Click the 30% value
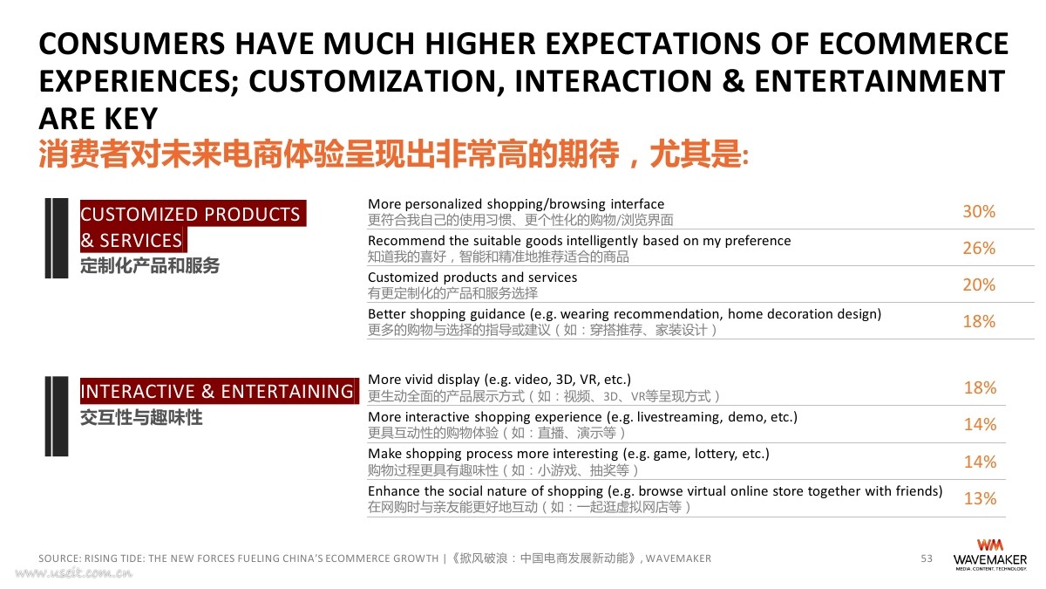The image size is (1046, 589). (979, 212)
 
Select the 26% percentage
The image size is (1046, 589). (979, 248)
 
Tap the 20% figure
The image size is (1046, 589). (979, 284)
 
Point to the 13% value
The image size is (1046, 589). (980, 499)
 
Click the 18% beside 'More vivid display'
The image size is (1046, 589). (980, 388)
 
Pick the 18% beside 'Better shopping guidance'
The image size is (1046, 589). (979, 322)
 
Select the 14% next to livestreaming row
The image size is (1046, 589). (980, 424)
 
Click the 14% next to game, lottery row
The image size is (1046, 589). (980, 462)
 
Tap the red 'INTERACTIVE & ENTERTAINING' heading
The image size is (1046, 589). (217, 391)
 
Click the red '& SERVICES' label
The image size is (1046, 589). (132, 240)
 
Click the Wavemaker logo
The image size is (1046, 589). (989, 555)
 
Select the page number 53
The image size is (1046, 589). (927, 558)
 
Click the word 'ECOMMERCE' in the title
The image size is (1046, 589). (914, 44)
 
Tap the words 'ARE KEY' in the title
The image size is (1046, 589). (98, 119)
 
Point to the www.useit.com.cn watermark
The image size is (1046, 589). (74, 573)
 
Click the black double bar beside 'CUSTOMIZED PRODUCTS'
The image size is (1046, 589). (57, 238)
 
